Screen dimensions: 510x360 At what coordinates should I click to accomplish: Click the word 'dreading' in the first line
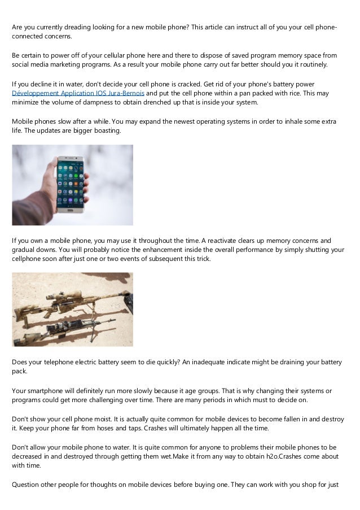coord(75,27)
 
